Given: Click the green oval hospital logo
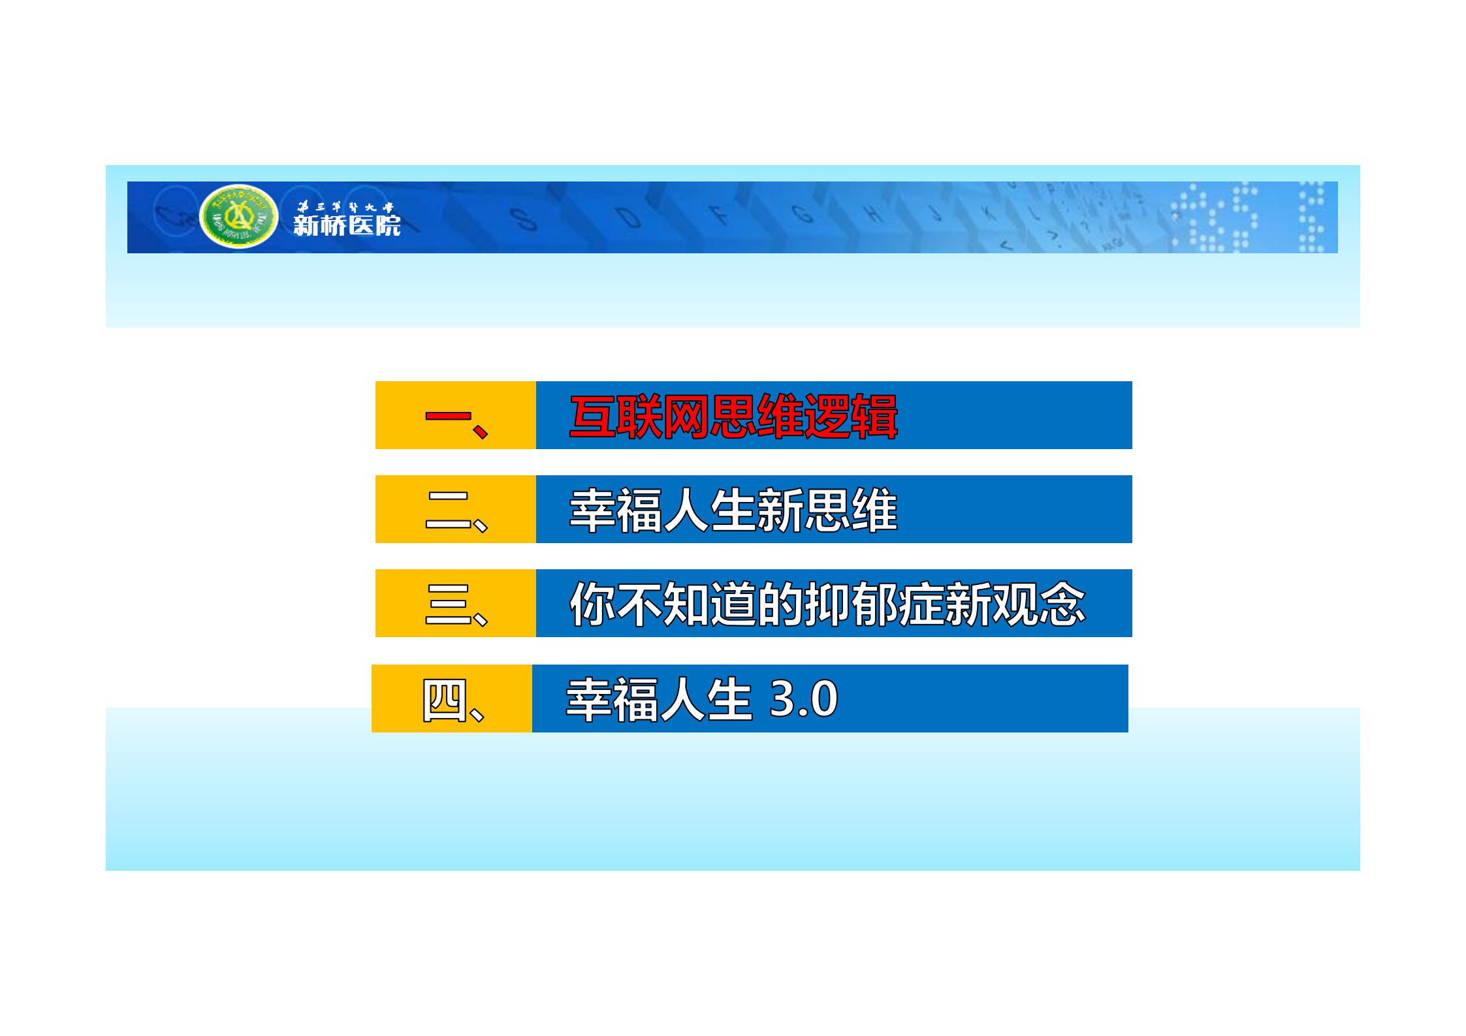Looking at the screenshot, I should point(239,217).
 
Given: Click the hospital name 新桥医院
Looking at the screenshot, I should point(347,226).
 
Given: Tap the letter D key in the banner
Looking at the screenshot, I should point(629,216).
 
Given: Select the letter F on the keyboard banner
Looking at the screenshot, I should point(719,214).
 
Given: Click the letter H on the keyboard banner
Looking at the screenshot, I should point(872,212).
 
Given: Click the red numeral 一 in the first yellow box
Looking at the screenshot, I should point(448,416).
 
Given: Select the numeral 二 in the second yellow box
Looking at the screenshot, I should point(448,510).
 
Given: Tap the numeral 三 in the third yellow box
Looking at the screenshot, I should point(448,604).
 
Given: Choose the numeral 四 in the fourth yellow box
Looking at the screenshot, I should point(445,699).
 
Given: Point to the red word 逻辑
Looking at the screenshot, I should point(851,416).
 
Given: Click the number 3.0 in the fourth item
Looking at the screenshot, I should point(803,699).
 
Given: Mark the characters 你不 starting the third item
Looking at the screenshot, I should point(616,604).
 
